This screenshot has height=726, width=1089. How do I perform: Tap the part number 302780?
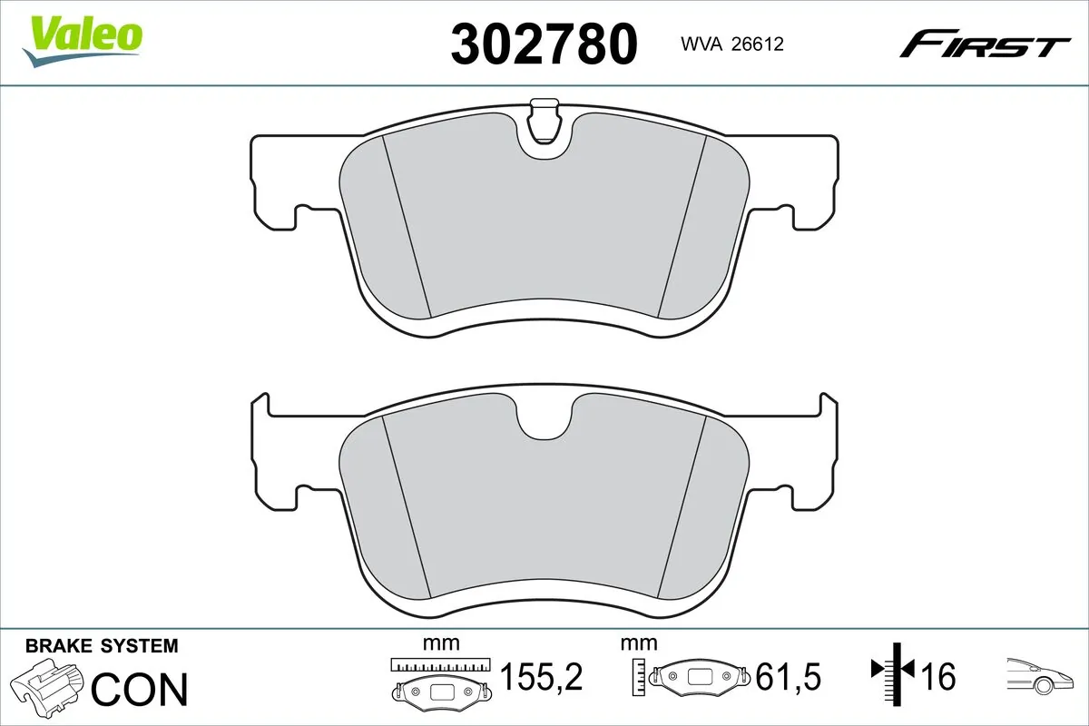[x=544, y=44]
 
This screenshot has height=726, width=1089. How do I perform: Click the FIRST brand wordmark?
[x=984, y=44]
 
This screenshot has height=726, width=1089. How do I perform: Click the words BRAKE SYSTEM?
[x=102, y=646]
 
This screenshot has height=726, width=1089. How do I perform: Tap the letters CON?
[x=140, y=690]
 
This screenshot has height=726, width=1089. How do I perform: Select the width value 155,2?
[x=541, y=677]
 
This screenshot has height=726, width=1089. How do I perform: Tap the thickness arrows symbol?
[x=894, y=672]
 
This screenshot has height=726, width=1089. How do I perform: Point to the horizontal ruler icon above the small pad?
[x=440, y=665]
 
